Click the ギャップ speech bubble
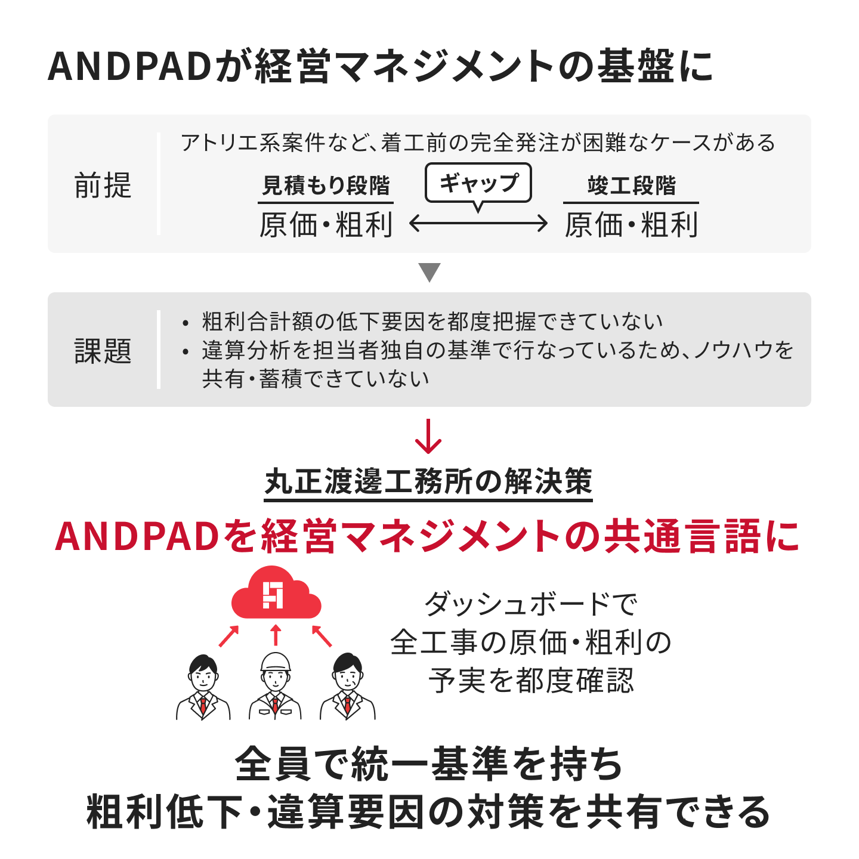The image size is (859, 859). pos(478,183)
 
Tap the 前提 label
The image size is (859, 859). pos(103,185)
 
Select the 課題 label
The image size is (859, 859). pos(103,350)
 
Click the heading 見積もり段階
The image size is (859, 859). pos(326,185)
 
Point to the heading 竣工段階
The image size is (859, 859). pos(631,185)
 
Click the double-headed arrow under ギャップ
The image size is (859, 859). pos(478,223)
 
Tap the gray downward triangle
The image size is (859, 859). pos(429,273)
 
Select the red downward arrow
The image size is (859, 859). pos(428,436)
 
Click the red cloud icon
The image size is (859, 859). pos(276,592)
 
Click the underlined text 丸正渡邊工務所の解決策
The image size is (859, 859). pos(428,482)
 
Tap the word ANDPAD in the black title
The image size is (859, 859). pos(129,67)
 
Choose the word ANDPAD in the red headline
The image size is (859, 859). pos(137,536)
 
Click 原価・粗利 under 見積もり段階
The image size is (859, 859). pos(326,225)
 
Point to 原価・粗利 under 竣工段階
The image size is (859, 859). pos(631,225)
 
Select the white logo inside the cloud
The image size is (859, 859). pos(273,595)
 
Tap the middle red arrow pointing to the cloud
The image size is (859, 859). pos(276,635)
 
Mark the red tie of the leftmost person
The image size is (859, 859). pos(203,704)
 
